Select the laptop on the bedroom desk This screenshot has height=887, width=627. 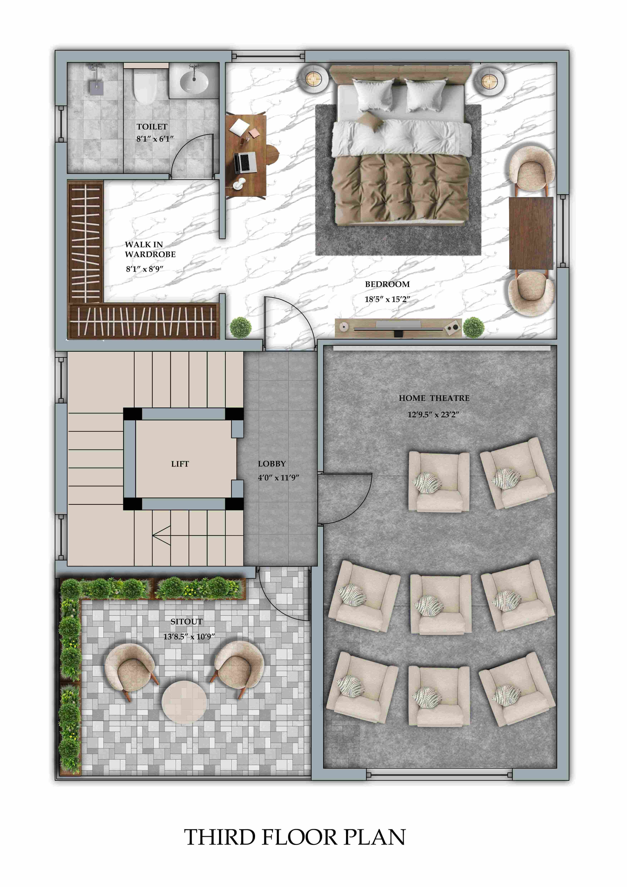coord(245,162)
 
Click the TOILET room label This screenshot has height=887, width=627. coord(152,127)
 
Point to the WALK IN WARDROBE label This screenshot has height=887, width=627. coord(150,249)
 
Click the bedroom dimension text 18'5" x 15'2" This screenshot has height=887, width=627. coord(387,299)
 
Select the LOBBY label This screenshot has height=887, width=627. coord(272,464)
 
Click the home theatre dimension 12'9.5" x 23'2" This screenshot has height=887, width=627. coord(433,414)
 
